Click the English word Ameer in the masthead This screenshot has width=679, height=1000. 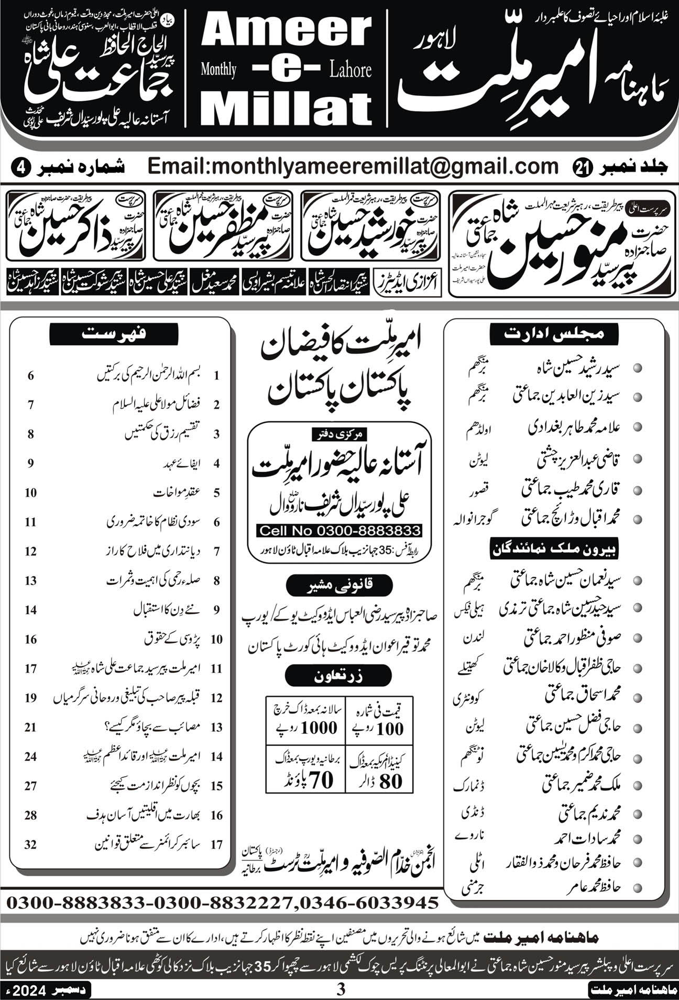coord(287,31)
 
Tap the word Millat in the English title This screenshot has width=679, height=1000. coord(286,108)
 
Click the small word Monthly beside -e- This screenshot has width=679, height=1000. coord(218,70)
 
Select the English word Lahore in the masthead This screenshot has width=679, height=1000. coord(351,70)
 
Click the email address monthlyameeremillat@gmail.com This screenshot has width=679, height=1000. coord(353,167)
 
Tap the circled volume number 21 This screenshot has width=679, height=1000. coord(583,168)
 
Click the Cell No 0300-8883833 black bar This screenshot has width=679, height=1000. coord(340,531)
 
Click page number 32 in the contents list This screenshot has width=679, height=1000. coord(30,844)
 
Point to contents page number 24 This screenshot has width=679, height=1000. coord(30,756)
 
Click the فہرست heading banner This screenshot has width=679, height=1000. coord(114,333)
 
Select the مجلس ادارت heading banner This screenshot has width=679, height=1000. coord(554,334)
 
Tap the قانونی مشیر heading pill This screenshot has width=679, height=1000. coord(339,586)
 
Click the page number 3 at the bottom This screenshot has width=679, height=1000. coord(341,990)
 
